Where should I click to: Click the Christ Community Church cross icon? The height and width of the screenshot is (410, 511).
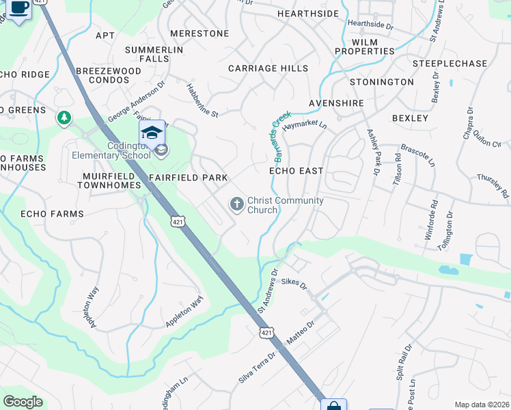236,204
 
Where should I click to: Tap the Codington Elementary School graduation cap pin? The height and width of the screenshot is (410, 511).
152,133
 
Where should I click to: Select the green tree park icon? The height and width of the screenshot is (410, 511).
64,118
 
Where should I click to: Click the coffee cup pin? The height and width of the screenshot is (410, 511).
19,8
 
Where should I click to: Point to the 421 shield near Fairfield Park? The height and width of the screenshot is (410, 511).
178,221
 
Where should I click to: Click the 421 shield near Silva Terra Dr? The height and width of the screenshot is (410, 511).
266,332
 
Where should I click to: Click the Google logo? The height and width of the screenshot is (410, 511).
23,402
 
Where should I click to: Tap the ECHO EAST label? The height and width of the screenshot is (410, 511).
296,170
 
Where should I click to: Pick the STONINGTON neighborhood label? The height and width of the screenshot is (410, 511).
382,82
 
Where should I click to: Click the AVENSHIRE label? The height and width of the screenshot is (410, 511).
336,103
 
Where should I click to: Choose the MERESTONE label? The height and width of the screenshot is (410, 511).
199,33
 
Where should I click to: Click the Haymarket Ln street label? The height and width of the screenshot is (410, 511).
305,126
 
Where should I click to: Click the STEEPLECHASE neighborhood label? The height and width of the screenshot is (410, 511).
450,64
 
